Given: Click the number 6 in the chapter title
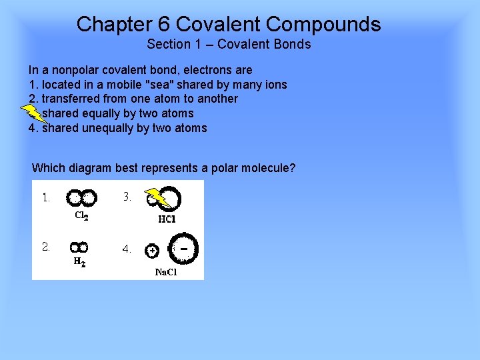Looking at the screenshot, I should coord(165,25).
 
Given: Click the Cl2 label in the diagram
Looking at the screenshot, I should coord(81,215).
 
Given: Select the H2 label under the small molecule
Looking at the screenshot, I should coord(79,263).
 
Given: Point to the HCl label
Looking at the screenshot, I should coord(167,219).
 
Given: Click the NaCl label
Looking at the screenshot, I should coord(166,272).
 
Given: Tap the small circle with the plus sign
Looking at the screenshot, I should coord(152,251).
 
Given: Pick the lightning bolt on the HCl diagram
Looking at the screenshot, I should coord(157,197).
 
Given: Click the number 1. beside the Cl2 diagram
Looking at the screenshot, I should coord(46,197).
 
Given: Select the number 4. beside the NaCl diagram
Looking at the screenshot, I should coord(127,249).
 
